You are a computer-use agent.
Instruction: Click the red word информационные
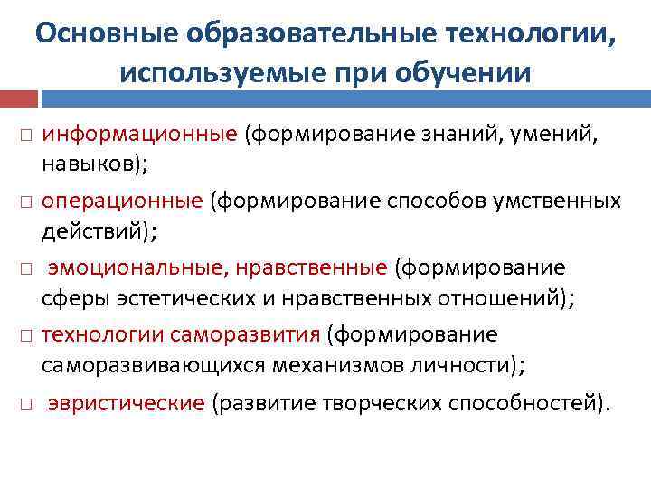[140, 134]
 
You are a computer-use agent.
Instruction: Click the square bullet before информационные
[23, 135]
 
